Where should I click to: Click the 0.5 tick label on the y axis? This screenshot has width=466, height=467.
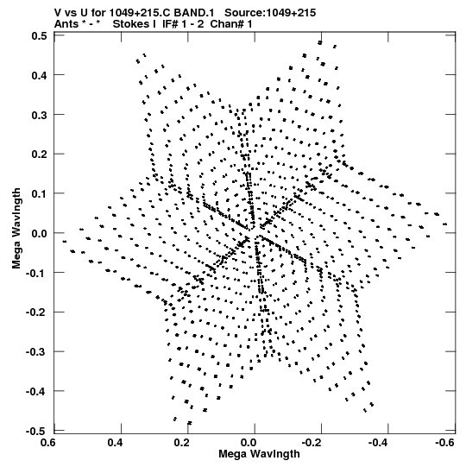39,35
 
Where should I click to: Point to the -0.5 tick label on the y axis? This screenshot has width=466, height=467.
36,432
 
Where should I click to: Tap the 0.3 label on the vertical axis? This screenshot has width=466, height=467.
39,115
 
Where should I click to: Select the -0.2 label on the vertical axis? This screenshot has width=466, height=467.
36,312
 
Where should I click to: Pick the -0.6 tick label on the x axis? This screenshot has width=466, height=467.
444,443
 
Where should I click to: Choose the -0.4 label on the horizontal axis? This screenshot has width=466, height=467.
378,443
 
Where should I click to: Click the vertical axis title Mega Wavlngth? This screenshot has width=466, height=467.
16,229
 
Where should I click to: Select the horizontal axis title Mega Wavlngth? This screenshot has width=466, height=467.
259,454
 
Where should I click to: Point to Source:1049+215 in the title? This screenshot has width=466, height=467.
270,13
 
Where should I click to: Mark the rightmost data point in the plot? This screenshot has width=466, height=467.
445,224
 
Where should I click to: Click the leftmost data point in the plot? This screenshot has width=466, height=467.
65,241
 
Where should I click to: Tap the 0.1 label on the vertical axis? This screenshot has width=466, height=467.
39,194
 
